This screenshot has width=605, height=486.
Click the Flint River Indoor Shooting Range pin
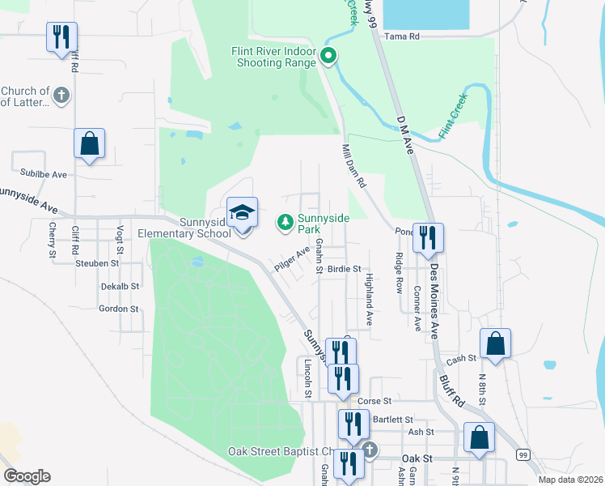[x=328, y=56]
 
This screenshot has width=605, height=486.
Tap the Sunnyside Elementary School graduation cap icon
[x=242, y=213]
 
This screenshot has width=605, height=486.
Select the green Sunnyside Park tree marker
[x=285, y=220]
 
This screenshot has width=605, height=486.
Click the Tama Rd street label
[x=402, y=36]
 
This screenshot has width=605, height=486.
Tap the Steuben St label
[x=97, y=263]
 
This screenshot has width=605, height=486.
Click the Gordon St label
[x=118, y=309]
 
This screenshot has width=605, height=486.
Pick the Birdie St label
[x=344, y=269]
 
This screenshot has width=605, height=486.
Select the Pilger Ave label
[x=291, y=259]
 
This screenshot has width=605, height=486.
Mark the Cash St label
[x=461, y=359]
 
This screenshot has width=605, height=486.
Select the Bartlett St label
[x=394, y=420]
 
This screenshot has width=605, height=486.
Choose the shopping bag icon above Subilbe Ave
[x=89, y=144]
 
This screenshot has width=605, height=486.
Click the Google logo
[x=27, y=475]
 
